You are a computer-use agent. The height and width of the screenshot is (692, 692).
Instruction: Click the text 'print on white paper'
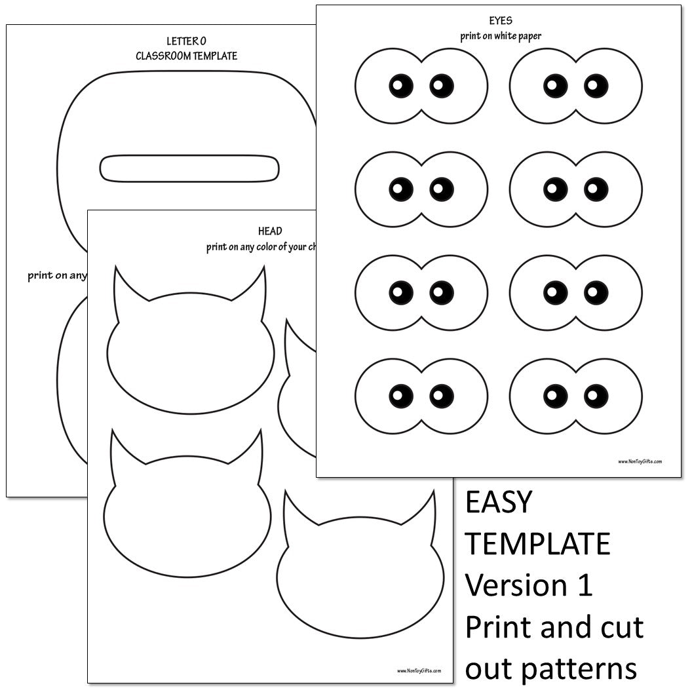[500, 36]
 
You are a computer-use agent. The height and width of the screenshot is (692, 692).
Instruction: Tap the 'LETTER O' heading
[186, 41]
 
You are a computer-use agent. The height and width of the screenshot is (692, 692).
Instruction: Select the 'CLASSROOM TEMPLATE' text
[186, 56]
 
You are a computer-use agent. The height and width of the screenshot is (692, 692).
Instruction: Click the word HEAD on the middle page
[270, 231]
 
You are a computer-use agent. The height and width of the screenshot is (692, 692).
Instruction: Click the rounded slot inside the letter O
[189, 168]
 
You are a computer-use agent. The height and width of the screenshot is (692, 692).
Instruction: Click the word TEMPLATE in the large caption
[537, 544]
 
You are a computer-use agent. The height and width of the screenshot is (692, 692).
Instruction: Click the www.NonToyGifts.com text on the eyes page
[640, 461]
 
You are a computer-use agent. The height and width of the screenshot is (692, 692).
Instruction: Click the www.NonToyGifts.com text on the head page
[419, 670]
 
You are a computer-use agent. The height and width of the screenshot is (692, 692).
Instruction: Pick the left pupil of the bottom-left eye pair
[401, 395]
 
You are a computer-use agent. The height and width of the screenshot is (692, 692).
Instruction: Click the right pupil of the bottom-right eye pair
[596, 395]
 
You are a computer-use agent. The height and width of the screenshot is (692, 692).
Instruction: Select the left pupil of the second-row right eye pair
[555, 189]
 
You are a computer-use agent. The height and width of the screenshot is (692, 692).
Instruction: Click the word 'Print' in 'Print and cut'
[497, 628]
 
